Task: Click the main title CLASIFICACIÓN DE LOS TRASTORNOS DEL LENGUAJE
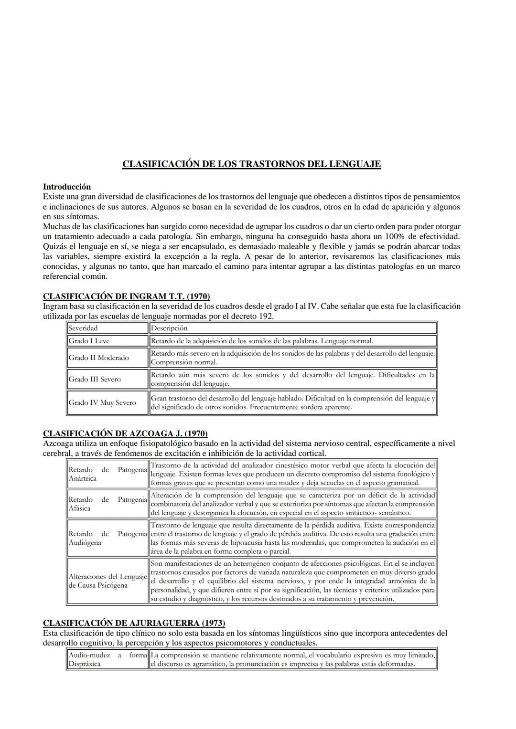[251, 164]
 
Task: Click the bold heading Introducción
[66, 187]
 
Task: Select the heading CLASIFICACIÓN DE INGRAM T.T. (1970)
[126, 296]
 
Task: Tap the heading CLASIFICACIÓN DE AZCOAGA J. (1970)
[125, 433]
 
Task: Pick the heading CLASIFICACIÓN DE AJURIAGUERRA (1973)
[134, 623]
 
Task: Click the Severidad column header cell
[107, 328]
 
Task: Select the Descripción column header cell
[292, 328]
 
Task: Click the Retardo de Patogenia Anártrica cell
[107, 474]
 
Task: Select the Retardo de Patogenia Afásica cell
[107, 504]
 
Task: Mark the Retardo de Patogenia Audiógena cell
[107, 538]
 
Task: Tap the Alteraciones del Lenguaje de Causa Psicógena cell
[107, 581]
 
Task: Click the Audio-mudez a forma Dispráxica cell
[107, 659]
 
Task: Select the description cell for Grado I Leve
[292, 341]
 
